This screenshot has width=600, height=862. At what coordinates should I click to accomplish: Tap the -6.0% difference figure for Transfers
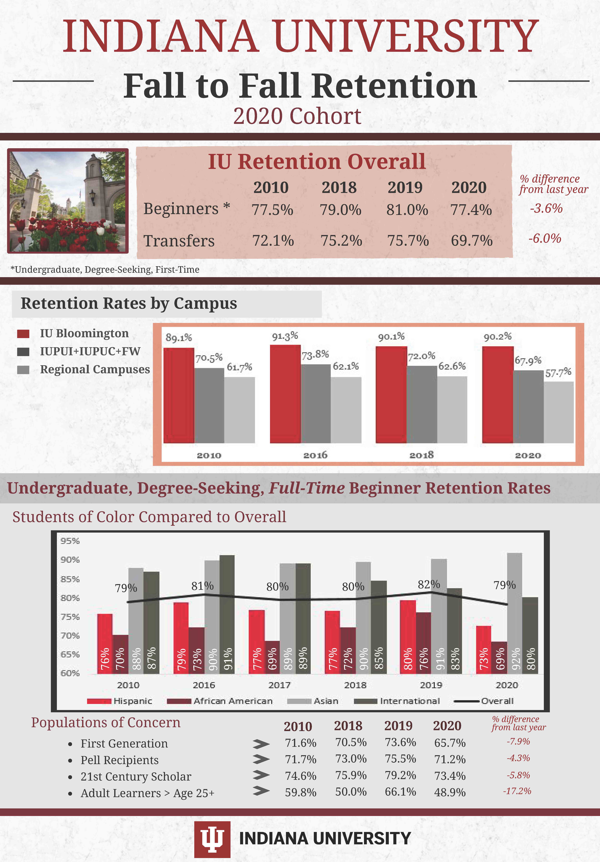545,238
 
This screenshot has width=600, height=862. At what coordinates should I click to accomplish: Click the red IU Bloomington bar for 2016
285,394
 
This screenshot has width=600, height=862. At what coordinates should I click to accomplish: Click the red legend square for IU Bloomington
23,334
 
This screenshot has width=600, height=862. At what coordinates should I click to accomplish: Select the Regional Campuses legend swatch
23,370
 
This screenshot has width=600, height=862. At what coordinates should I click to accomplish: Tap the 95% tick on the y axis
70,541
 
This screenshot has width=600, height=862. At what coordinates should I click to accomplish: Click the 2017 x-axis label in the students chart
279,685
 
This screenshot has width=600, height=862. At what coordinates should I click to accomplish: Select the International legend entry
409,701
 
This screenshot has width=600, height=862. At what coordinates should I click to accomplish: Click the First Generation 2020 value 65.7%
450,743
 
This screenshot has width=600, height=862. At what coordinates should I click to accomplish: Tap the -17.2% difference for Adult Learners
517,791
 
